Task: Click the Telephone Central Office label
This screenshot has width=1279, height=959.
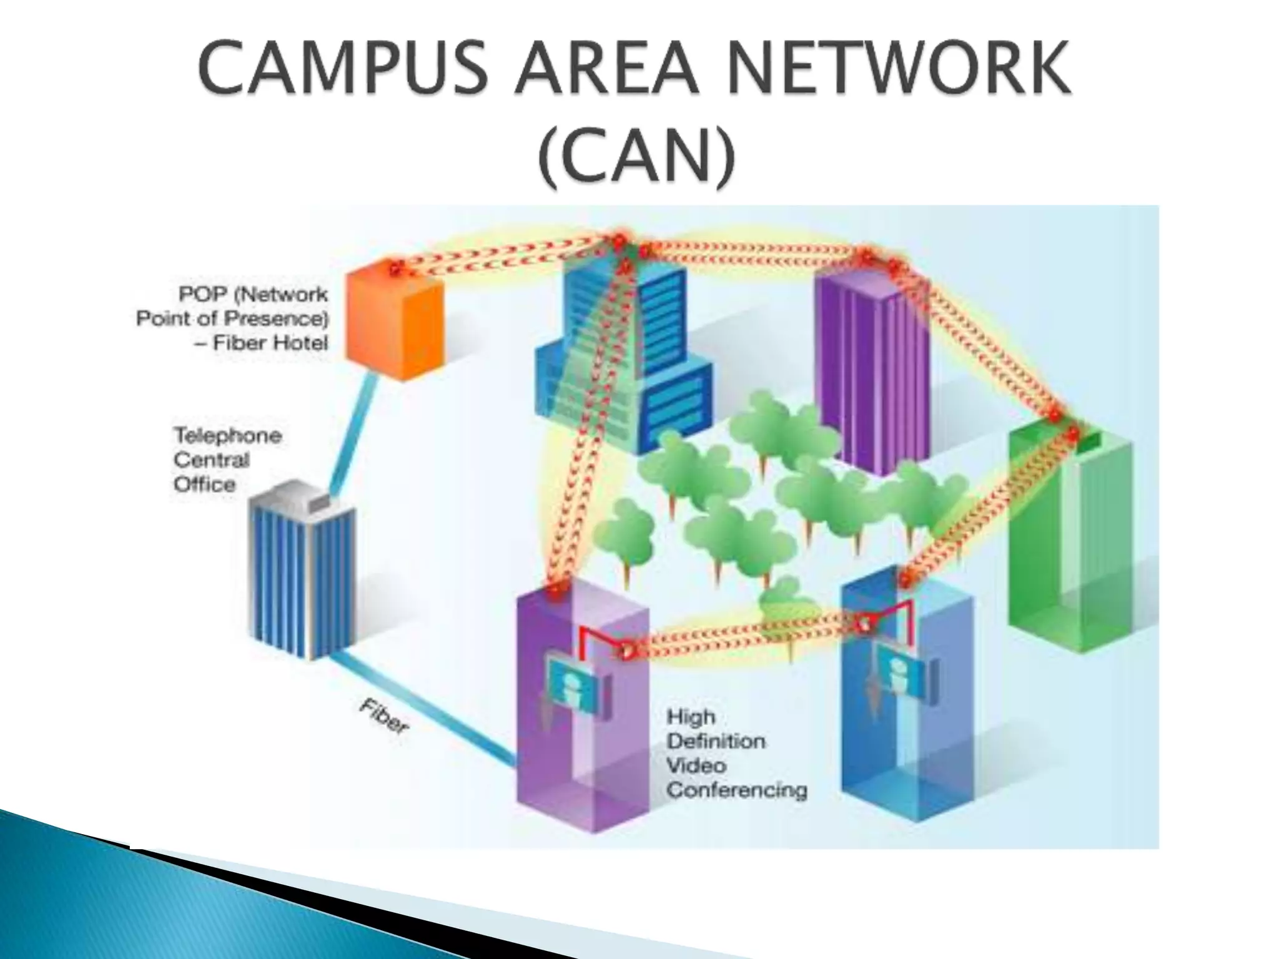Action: tap(227, 460)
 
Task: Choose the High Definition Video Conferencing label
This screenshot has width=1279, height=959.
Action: tap(737, 754)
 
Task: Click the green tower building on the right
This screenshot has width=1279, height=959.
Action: tap(1070, 537)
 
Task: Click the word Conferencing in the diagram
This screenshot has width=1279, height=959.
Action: tap(737, 790)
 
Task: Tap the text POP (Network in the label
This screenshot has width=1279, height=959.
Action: tap(253, 294)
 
